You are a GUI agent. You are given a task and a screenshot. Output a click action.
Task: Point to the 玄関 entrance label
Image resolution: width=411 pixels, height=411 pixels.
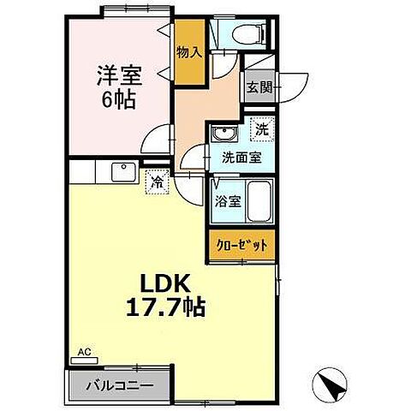259,86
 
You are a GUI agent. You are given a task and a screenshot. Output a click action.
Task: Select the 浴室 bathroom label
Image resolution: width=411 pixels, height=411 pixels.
227,203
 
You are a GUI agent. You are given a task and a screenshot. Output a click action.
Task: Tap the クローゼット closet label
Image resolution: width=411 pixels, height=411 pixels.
241,245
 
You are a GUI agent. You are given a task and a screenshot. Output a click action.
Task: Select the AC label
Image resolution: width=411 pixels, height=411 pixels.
85,351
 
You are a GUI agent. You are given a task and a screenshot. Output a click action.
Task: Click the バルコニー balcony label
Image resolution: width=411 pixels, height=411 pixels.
119,384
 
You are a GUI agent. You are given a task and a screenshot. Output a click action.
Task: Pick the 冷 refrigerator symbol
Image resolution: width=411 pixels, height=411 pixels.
157,182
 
